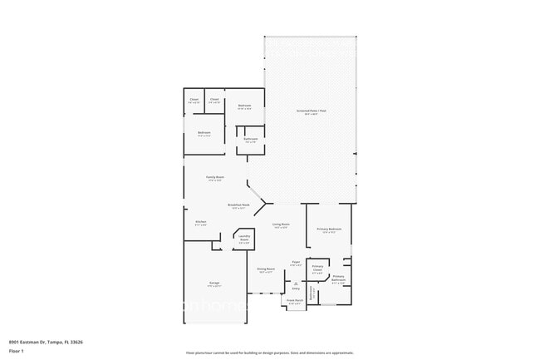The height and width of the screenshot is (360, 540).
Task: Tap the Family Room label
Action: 214,178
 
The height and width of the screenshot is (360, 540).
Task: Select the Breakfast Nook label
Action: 240,206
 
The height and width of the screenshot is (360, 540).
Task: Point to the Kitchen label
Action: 200,222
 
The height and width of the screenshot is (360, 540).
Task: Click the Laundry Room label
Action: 244,238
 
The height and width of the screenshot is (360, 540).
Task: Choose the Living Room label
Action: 281,224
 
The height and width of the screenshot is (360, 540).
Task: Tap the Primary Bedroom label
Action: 329,230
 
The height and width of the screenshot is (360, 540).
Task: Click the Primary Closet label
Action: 317,268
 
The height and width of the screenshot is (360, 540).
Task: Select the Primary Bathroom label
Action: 339,279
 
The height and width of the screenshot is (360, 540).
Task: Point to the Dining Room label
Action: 265,270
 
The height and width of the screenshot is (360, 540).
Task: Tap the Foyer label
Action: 296,264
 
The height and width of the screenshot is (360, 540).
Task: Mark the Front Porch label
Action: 295,302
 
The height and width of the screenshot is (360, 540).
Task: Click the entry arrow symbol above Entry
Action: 296,281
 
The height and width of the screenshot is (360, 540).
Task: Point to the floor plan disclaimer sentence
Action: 270,353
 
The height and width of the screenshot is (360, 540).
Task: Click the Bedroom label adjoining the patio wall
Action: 244,106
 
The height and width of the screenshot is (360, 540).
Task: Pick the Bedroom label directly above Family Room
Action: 204,133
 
